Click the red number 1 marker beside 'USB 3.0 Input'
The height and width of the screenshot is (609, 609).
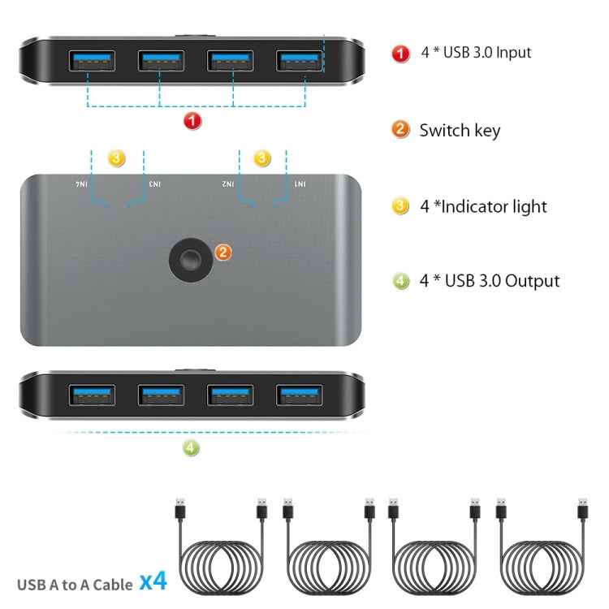click(401, 53)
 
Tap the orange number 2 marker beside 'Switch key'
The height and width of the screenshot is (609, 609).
click(401, 130)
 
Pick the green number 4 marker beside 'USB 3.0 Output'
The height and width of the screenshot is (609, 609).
click(401, 281)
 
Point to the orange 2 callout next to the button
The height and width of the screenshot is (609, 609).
click(224, 252)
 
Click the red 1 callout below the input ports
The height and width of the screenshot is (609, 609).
click(192, 122)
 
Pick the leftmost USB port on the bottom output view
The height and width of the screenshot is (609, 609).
click(91, 395)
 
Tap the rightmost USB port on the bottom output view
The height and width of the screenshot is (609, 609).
click(299, 395)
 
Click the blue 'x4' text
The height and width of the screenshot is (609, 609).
click(153, 581)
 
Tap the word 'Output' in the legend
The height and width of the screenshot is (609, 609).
click(533, 281)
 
